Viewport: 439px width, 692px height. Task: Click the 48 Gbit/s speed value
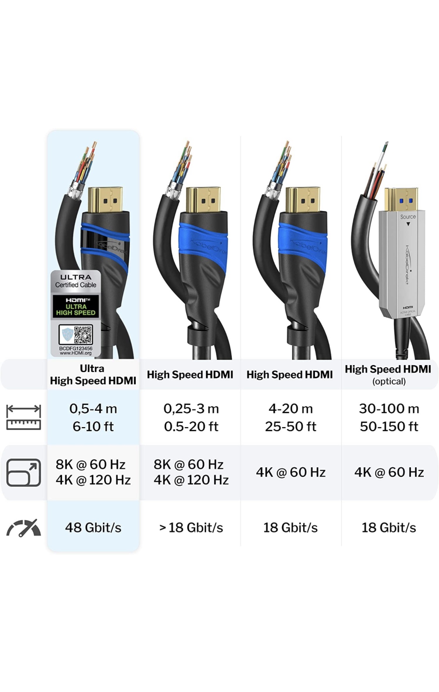click(x=93, y=527)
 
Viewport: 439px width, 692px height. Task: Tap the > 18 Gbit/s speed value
click(x=191, y=527)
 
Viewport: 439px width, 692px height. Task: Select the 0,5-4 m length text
click(x=93, y=408)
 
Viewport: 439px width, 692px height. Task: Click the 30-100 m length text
click(x=389, y=408)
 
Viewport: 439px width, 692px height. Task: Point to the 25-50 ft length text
click(x=290, y=426)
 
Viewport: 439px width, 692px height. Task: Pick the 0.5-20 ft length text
click(x=191, y=426)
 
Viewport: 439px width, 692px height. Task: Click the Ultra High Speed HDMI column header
click(x=93, y=374)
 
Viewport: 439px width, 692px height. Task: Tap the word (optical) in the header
click(x=389, y=381)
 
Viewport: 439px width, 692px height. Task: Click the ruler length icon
click(x=24, y=417)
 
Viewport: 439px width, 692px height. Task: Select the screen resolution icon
click(x=24, y=472)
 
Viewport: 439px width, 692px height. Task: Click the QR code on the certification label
click(x=83, y=334)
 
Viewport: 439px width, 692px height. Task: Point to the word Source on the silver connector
click(x=408, y=216)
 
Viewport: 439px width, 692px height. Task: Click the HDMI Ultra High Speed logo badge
click(x=76, y=306)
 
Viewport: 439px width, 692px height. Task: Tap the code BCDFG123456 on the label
click(x=76, y=348)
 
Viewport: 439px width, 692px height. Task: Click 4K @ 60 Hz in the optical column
click(x=389, y=472)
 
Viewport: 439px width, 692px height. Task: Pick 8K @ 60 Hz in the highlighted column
click(x=91, y=464)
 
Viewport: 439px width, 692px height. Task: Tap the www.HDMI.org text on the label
click(x=76, y=353)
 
